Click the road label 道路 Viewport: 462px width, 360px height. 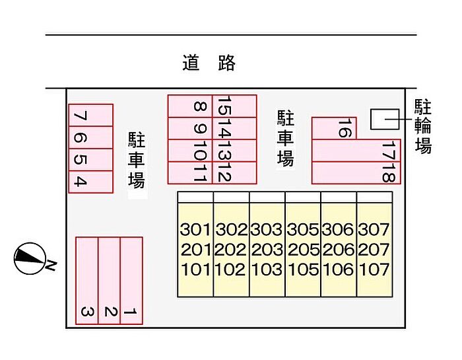coord(209,63)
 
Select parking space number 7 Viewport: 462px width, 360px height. coord(81,116)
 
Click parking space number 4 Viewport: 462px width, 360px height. coord(81,182)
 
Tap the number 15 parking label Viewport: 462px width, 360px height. coord(224,106)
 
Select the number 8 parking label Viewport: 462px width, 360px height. coord(200,107)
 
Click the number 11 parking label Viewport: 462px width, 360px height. coord(200,172)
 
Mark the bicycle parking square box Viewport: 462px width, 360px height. coord(381,119)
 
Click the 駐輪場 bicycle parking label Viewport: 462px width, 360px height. coord(423,126)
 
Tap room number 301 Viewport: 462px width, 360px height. coord(195,231)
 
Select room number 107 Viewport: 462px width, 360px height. coord(374,270)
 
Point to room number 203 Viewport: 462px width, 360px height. coord(267,250)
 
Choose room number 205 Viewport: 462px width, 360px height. coord(302,250)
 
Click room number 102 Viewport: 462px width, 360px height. coord(231,270)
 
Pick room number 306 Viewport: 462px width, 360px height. coord(338,231)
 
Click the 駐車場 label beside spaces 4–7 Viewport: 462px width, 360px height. coord(137,159)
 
